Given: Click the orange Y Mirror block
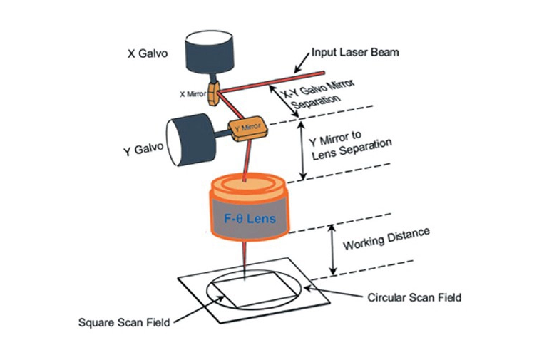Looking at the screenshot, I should pos(246,128).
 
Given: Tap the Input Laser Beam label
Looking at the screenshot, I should pos(354,53).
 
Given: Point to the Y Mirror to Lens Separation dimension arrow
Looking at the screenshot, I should pos(304,150).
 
